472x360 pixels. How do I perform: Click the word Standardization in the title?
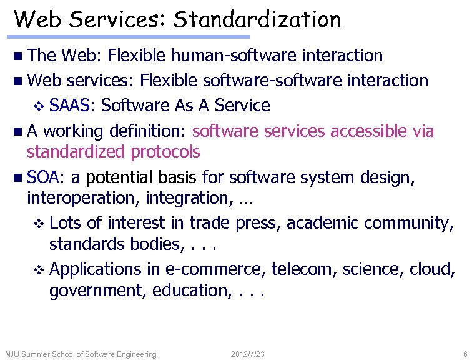(257, 19)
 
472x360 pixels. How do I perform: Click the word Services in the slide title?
(116, 19)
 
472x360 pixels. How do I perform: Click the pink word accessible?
(370, 131)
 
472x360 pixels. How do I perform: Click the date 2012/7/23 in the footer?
(247, 354)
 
